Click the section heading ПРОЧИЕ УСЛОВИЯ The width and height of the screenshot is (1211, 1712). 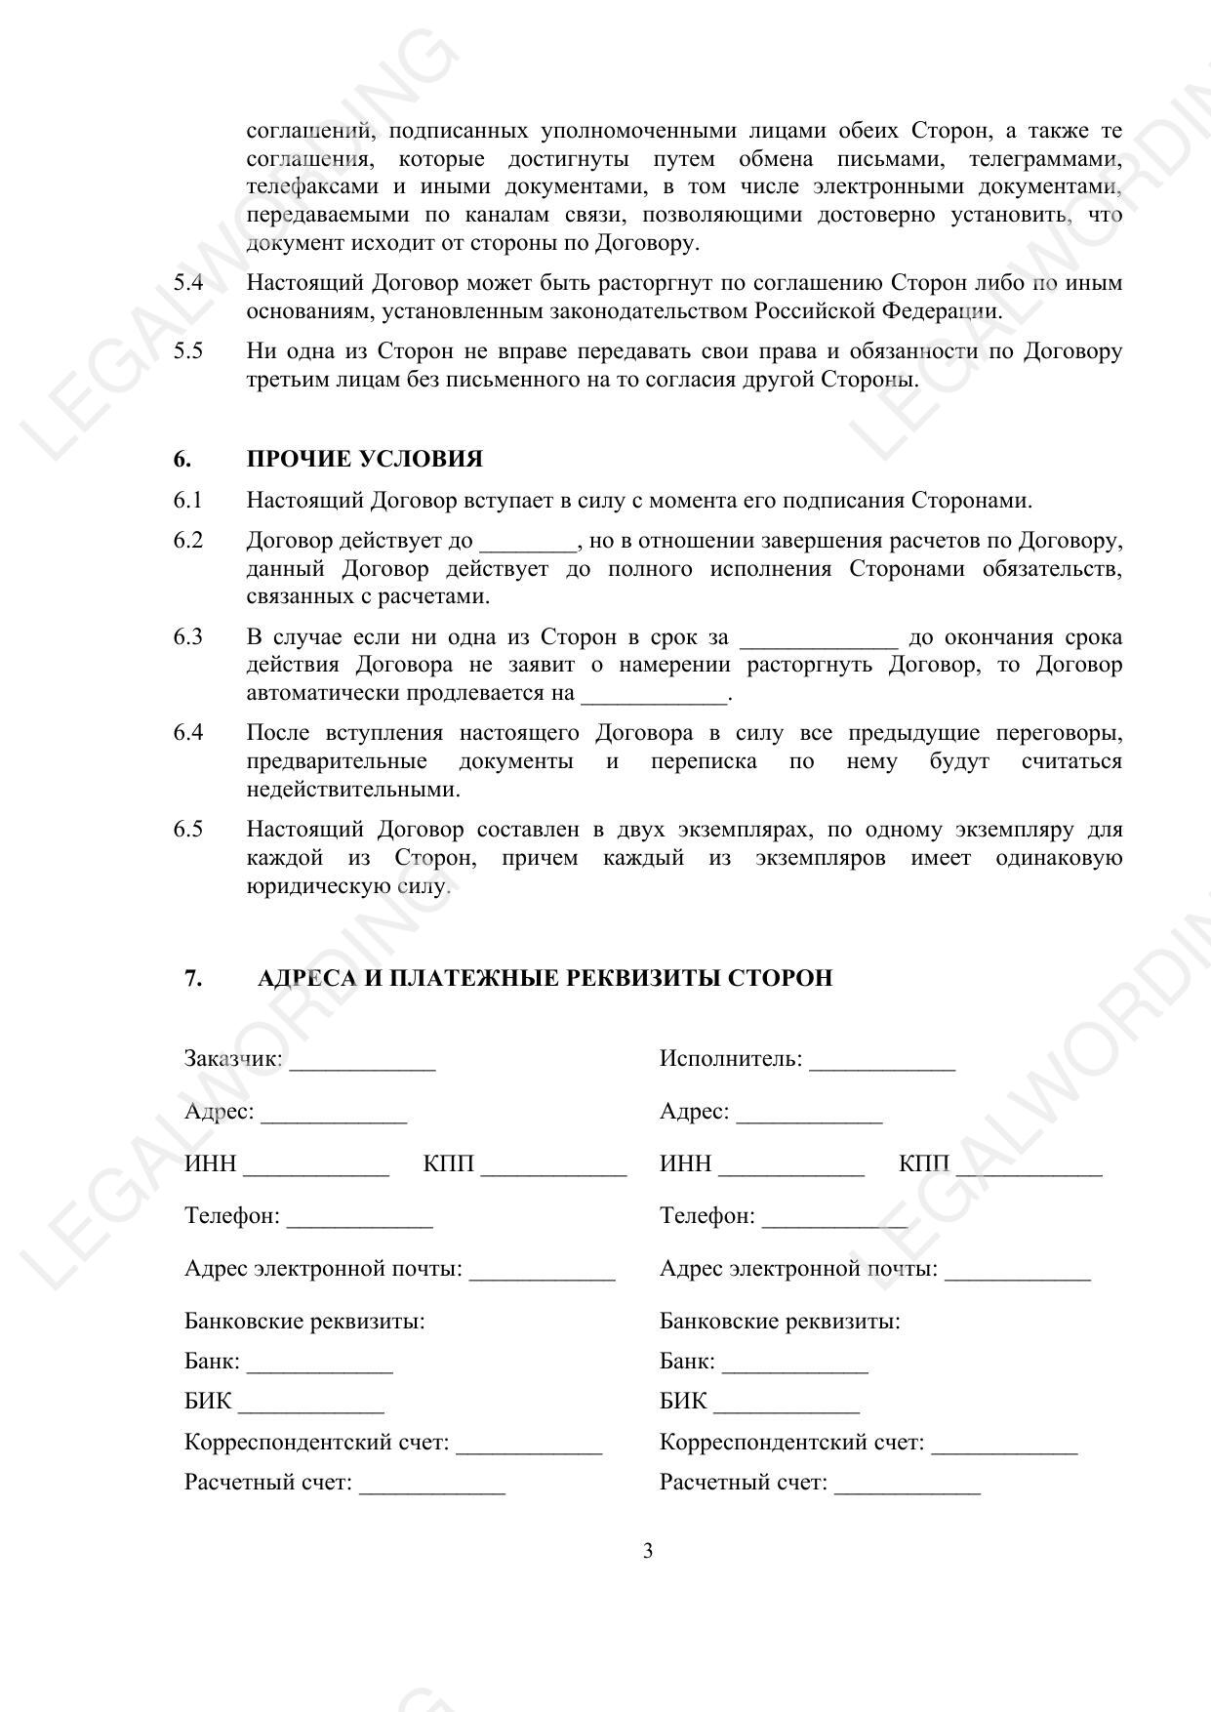[x=364, y=459]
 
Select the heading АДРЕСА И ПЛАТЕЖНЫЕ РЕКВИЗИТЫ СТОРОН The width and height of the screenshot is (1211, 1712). [x=545, y=977]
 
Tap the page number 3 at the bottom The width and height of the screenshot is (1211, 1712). [x=648, y=1551]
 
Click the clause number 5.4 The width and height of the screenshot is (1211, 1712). [x=188, y=283]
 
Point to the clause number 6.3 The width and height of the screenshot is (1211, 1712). [x=188, y=637]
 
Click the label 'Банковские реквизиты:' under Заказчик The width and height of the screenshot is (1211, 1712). [x=304, y=1322]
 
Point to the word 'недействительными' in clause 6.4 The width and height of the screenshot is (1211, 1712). [x=352, y=789]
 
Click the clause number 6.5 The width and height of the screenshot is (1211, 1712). [x=188, y=830]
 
